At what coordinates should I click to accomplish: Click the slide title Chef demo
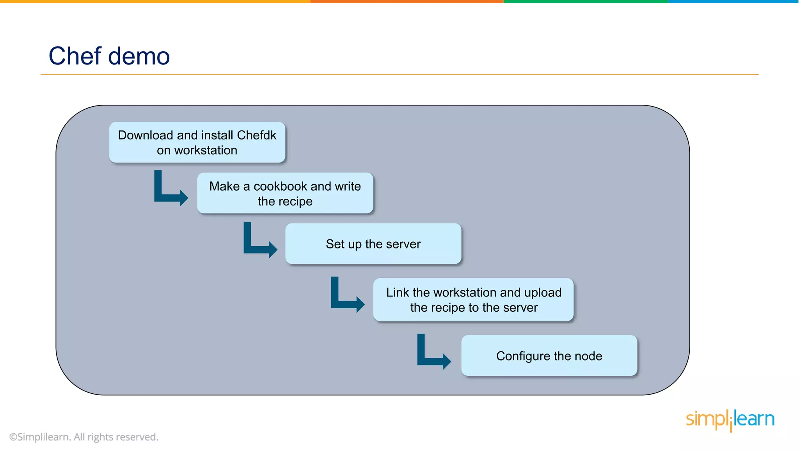point(109,56)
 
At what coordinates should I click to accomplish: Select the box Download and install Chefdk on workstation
point(197,143)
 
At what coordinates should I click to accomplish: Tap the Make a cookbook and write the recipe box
point(285,193)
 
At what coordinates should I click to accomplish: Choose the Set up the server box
point(373,244)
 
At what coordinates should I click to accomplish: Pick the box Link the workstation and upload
point(473,300)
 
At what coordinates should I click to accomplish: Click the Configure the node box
point(549,356)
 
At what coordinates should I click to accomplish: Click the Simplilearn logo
point(730,420)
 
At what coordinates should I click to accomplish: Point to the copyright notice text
point(83,437)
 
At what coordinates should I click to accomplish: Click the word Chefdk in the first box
point(256,135)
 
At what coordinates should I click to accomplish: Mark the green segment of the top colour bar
point(585,2)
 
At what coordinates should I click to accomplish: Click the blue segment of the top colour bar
point(733,2)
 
